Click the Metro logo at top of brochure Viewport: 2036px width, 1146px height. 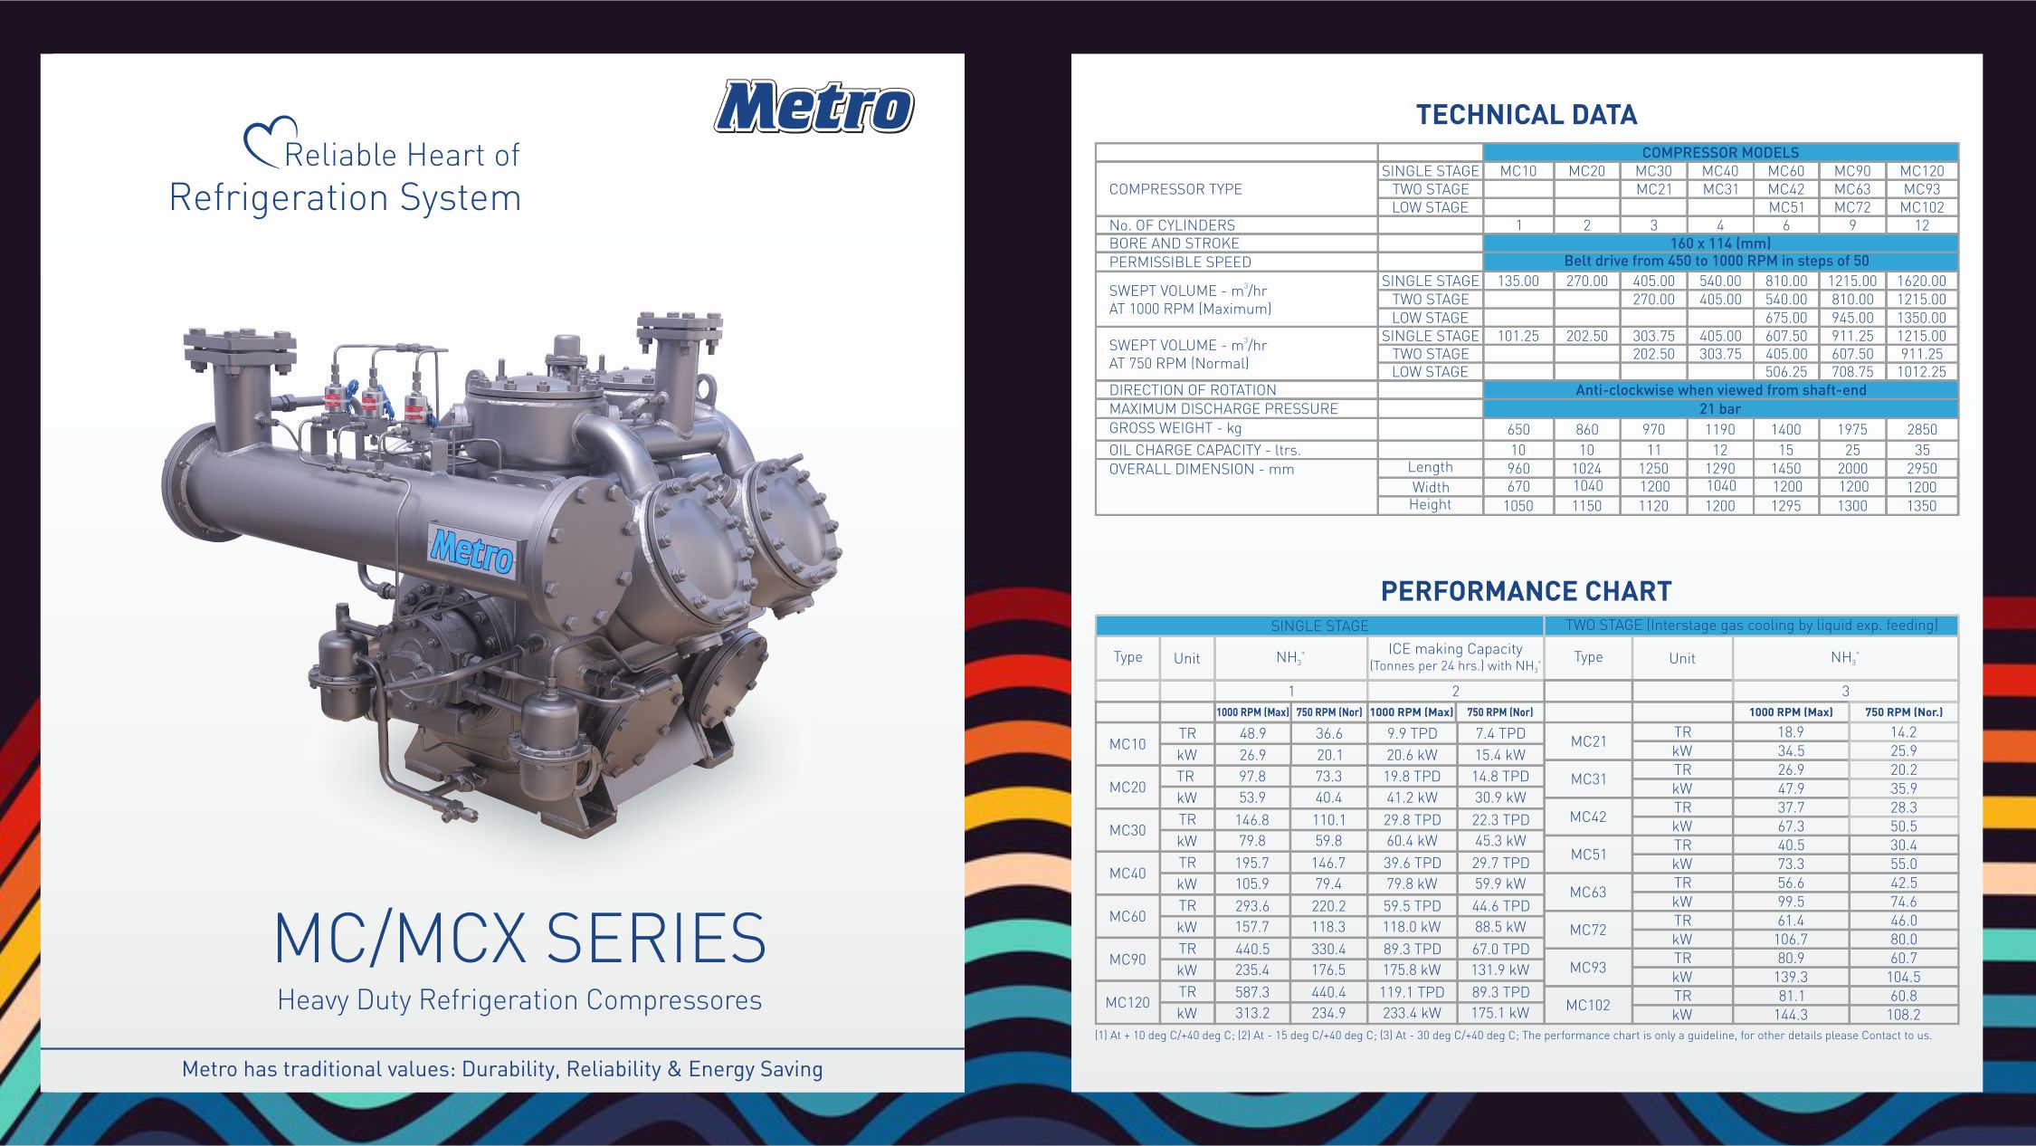point(813,108)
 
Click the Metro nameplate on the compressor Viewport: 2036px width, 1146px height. point(471,549)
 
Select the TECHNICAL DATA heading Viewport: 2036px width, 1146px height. point(1527,115)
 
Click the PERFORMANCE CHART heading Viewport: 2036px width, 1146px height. point(1526,591)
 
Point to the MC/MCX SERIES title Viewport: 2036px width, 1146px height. point(520,938)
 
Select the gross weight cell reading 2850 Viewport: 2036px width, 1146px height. point(1922,429)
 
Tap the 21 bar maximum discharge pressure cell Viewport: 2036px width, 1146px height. point(1720,409)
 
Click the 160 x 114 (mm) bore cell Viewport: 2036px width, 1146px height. point(1720,244)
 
